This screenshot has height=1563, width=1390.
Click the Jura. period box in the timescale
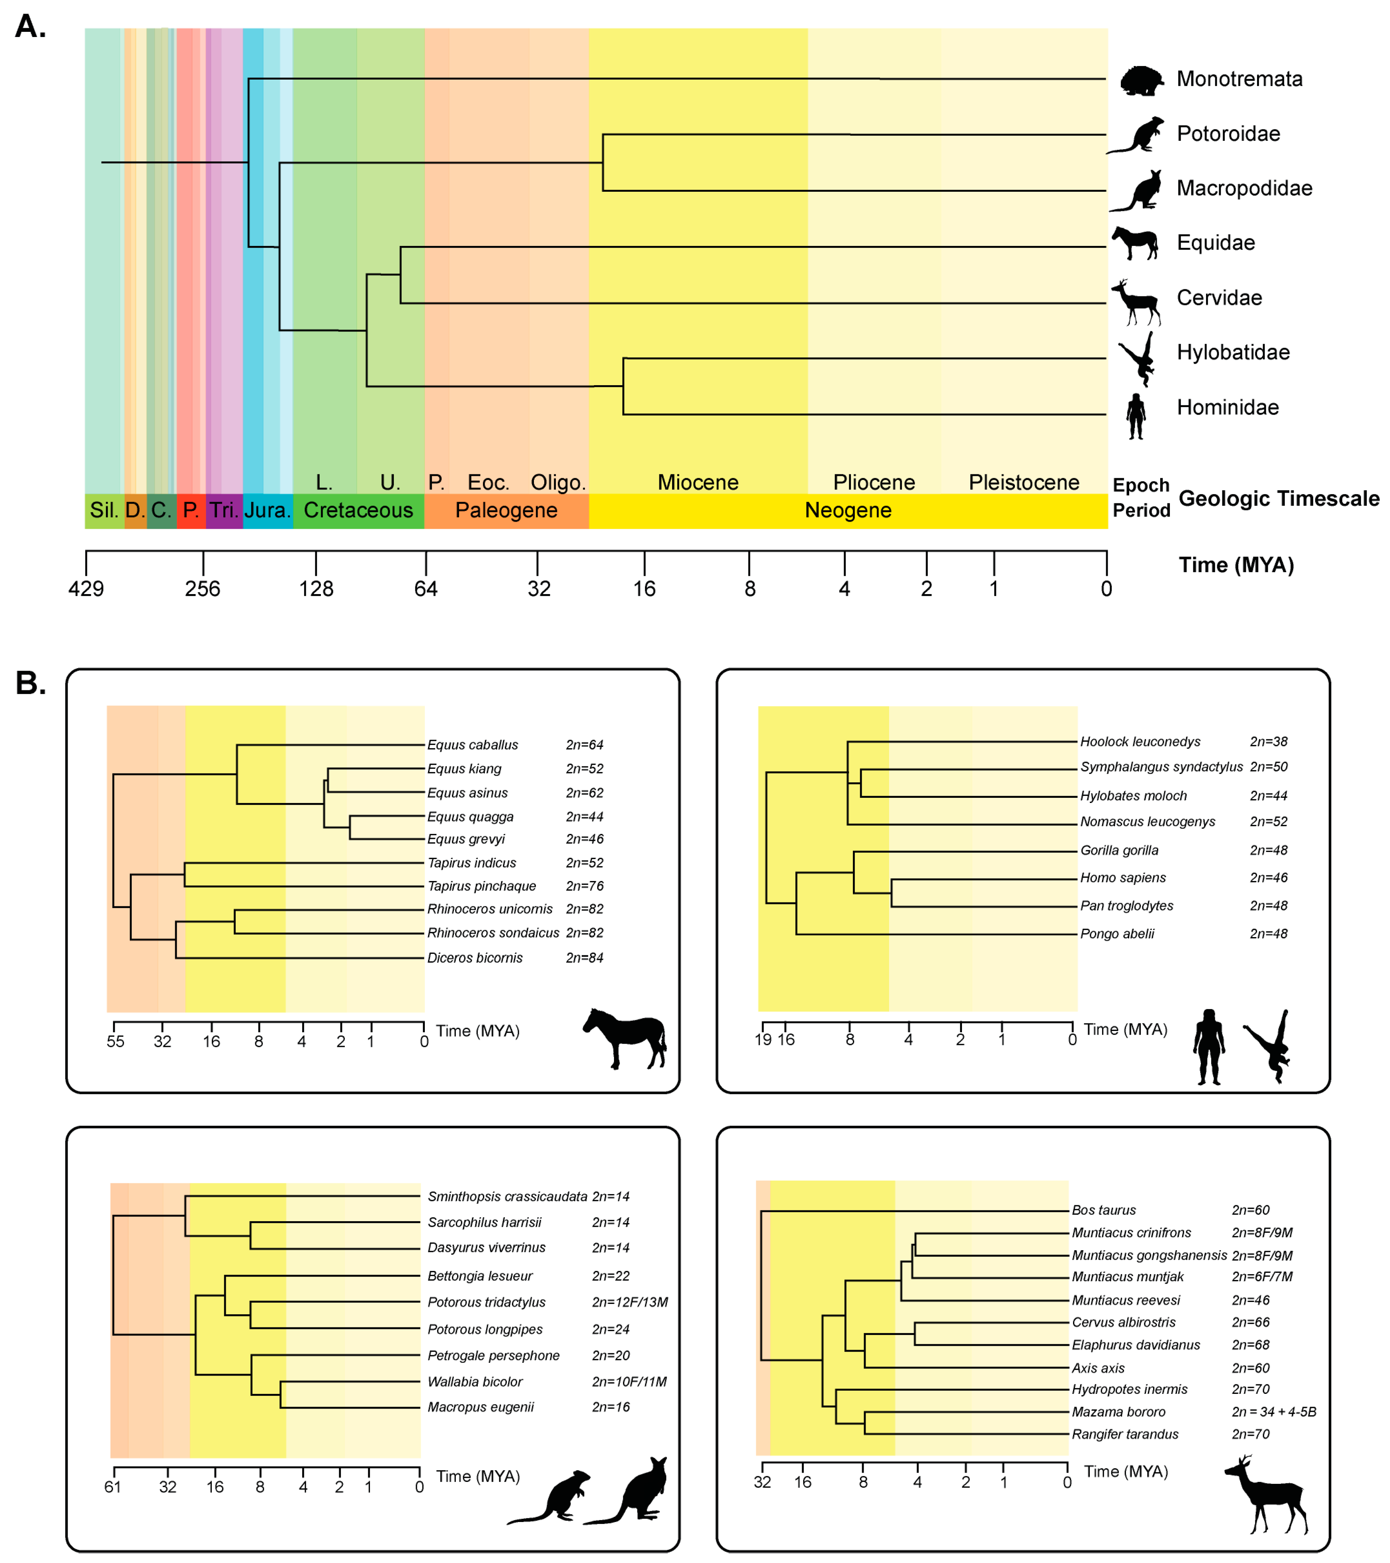(267, 510)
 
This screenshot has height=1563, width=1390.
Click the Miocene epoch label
(698, 483)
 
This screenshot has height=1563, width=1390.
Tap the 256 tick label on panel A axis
(203, 588)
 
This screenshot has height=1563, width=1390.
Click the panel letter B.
(31, 683)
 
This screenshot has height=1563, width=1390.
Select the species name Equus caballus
(472, 745)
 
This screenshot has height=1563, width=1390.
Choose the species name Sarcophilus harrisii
(484, 1222)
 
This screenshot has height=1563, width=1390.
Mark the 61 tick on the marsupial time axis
(112, 1487)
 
